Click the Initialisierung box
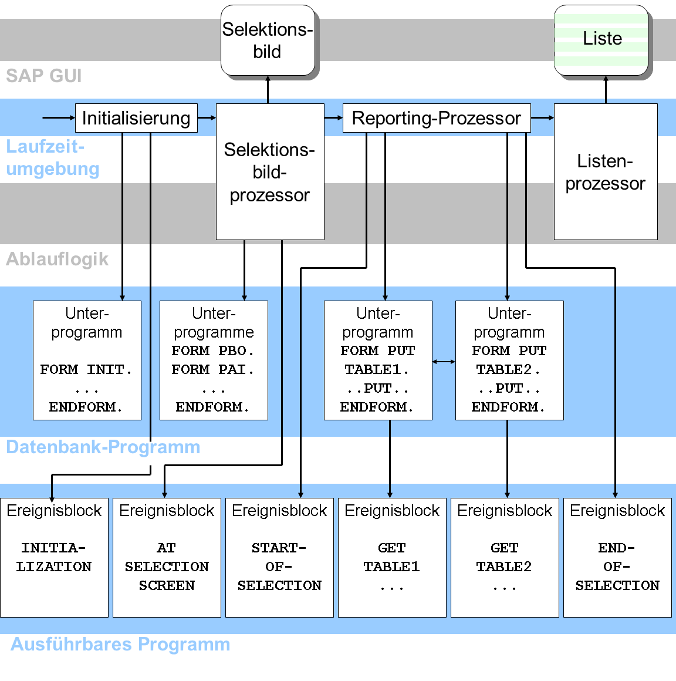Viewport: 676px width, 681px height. [136, 117]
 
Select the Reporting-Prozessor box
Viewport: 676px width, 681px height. [437, 117]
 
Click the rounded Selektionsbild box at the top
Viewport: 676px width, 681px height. [268, 40]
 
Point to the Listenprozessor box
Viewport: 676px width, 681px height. [606, 171]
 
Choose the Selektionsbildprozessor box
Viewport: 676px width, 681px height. [270, 171]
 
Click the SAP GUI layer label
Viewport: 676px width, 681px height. [44, 76]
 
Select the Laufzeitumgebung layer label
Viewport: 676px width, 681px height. [53, 158]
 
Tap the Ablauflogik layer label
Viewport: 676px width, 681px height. [57, 259]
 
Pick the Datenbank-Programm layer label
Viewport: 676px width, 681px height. [103, 447]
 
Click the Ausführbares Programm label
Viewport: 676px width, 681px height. [120, 644]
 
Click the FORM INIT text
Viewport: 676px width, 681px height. [86, 370]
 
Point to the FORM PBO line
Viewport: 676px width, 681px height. [213, 350]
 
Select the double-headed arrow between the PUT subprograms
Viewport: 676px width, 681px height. [444, 362]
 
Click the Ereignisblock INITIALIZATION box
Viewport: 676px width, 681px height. [54, 558]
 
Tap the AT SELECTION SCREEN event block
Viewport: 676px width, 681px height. [167, 558]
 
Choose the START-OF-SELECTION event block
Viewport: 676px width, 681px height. [279, 558]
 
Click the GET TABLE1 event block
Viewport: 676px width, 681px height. [392, 558]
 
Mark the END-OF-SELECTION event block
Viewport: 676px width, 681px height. [617, 558]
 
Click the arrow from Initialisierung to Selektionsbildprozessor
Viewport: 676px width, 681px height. [207, 117]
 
